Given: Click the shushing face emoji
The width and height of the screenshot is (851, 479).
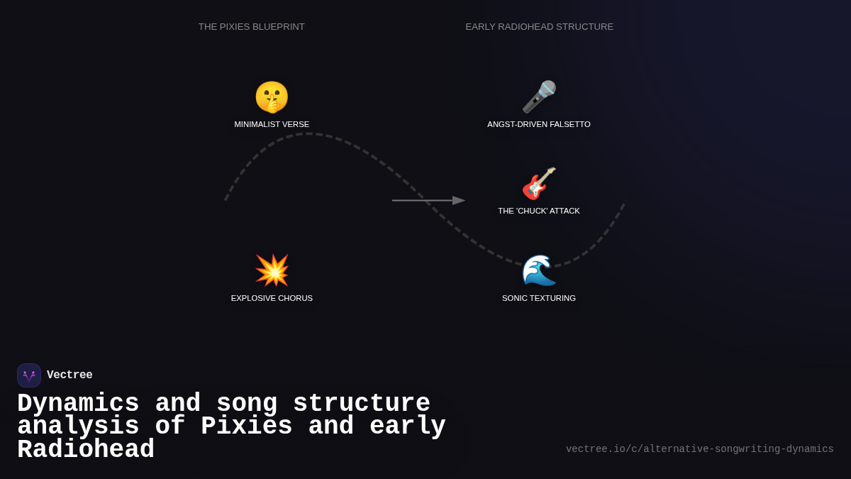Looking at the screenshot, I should point(272,97).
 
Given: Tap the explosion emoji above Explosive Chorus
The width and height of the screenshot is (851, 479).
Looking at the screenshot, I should point(272,270).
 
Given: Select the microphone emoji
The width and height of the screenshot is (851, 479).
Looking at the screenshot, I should point(539,97).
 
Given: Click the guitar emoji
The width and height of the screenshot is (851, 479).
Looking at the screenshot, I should point(539,184).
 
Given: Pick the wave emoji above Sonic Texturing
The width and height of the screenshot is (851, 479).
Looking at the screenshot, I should point(539,270).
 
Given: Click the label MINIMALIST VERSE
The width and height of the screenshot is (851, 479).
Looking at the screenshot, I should point(272,124).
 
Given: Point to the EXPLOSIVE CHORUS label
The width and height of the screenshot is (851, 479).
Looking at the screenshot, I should point(272,298).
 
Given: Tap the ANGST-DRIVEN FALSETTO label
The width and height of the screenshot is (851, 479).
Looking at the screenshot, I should point(539,124).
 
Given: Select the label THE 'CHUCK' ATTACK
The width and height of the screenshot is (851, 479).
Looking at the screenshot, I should point(539,211).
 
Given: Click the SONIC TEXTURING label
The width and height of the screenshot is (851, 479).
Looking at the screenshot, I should point(539,298).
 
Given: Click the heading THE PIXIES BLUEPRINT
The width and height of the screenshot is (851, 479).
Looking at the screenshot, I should point(252,27).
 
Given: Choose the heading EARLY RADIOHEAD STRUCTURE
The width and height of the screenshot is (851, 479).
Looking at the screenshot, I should point(540,27).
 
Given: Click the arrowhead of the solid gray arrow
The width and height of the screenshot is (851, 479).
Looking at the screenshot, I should point(459,201).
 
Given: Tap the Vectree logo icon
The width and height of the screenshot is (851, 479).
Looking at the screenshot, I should point(29,375).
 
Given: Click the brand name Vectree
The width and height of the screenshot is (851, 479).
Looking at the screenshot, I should point(69,375).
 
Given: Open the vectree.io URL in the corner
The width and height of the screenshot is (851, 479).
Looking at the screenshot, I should point(699,449).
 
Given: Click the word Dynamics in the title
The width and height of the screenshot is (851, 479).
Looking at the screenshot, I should point(78,404).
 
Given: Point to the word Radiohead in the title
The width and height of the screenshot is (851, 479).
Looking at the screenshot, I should point(86,450).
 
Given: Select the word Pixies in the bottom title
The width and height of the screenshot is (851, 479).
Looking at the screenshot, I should point(246,426).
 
